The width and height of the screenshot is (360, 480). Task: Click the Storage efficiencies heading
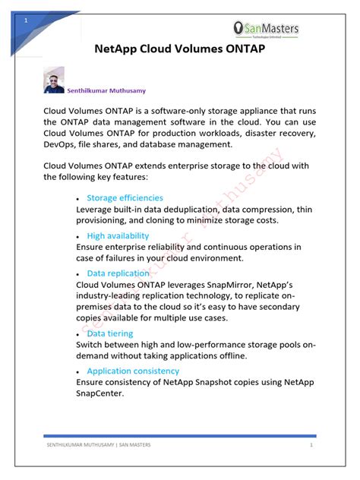click(125, 197)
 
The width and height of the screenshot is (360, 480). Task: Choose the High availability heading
click(118, 235)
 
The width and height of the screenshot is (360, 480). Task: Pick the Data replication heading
click(118, 273)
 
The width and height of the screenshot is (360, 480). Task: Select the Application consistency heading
click(133, 371)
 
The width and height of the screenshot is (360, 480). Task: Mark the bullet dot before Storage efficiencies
click(79, 199)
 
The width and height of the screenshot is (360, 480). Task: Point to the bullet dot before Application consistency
click(79, 372)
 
